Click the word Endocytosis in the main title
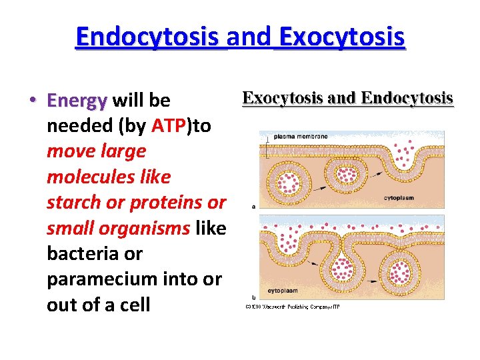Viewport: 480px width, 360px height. coord(151,38)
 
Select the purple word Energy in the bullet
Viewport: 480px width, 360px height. coord(77,101)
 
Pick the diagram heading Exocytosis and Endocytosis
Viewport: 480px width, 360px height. coord(347,98)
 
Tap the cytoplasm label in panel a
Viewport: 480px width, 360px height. coord(400,197)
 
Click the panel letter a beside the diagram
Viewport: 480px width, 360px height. coord(254,206)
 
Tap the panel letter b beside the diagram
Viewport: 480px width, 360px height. coord(254,297)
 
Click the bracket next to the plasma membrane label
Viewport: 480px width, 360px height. coord(267,147)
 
